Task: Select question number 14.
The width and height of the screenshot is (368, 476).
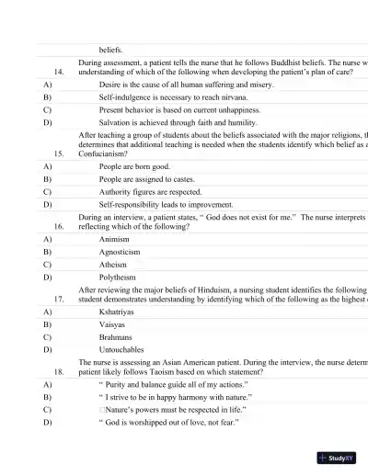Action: click(60, 71)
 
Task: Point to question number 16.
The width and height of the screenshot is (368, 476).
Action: click(60, 224)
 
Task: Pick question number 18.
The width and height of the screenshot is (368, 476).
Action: click(60, 373)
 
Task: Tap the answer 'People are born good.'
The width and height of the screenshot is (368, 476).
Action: click(134, 166)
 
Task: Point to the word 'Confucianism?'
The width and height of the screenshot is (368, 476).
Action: click(104, 154)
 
